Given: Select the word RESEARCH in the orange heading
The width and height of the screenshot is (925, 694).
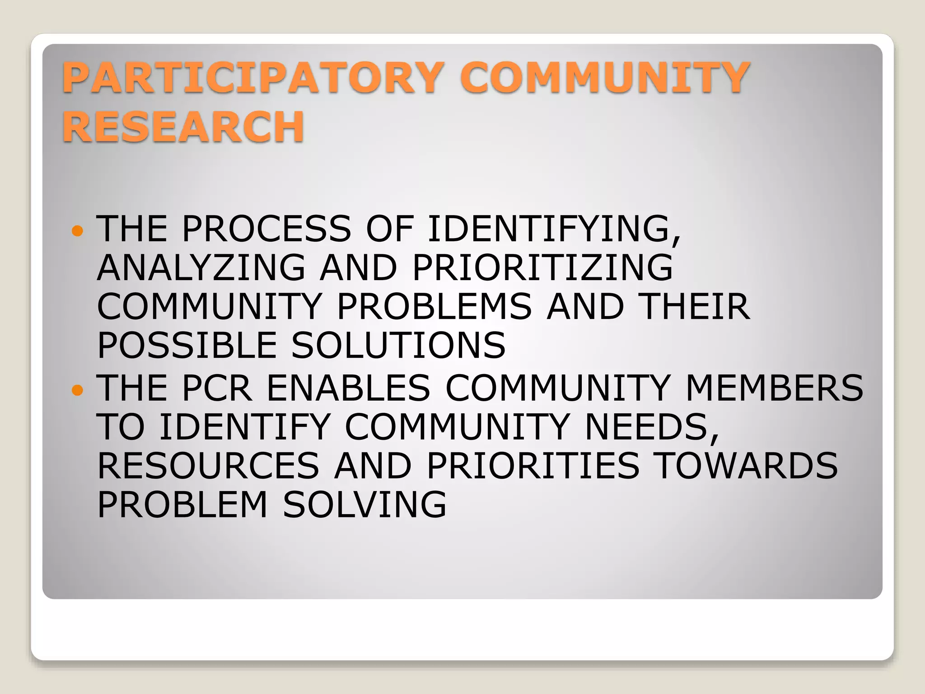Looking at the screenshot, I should click(x=183, y=127).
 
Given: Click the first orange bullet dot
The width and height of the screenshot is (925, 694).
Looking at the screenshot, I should click(x=78, y=231).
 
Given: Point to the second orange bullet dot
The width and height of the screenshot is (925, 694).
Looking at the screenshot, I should click(x=78, y=389).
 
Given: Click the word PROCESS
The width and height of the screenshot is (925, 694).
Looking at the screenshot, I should click(x=266, y=229).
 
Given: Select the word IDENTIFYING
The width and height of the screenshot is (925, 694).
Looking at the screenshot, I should click(x=554, y=229).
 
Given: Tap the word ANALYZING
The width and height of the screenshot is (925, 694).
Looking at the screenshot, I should click(x=201, y=267).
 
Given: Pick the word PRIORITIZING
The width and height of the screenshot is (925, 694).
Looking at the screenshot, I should click(x=542, y=267).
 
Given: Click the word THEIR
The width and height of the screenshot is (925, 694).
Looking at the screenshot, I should click(x=696, y=306).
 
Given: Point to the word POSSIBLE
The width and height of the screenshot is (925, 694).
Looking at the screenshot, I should click(x=187, y=345).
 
